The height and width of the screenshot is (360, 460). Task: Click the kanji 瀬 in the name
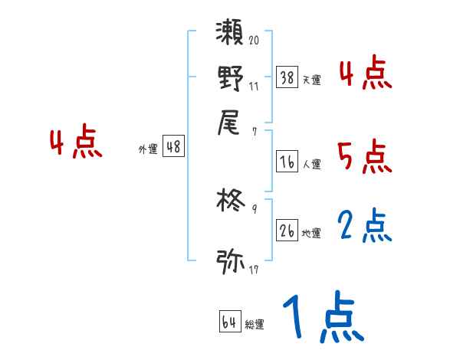point(230,35)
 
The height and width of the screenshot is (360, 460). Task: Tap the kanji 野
point(230,77)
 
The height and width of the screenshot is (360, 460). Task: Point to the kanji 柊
point(229,204)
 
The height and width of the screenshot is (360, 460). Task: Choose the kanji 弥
point(229,260)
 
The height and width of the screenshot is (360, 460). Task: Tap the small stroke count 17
point(254,270)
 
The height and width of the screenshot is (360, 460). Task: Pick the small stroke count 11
point(254,87)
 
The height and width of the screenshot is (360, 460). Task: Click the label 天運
point(312,80)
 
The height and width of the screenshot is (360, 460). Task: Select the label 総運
point(254,325)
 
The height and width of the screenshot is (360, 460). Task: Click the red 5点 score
point(365,157)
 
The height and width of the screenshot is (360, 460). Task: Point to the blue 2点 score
point(365,226)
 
